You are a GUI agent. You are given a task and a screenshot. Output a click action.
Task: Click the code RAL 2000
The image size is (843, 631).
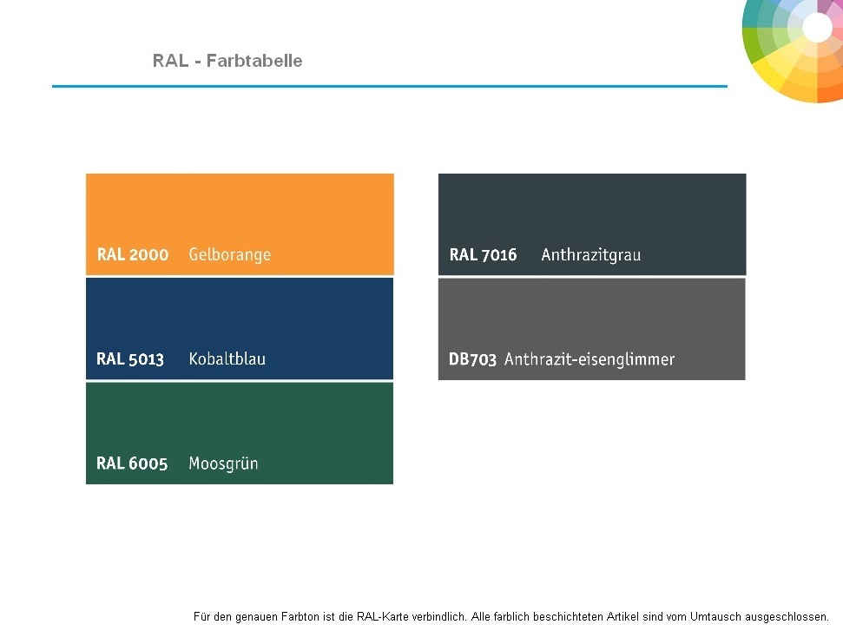[x=133, y=254]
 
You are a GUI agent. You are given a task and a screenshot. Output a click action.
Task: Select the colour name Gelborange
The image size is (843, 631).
[x=229, y=255]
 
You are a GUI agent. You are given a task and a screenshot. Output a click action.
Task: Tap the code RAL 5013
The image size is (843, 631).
[x=130, y=358]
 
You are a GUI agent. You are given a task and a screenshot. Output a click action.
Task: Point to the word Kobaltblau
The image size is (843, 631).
[x=227, y=358]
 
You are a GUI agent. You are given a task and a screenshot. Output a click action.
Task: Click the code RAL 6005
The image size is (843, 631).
[x=132, y=463]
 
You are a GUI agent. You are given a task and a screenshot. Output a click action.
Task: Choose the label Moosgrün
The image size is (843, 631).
[x=223, y=463]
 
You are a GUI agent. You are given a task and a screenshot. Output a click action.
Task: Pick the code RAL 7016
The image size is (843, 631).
[x=483, y=254]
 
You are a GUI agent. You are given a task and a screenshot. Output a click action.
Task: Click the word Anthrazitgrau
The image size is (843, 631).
[x=591, y=255]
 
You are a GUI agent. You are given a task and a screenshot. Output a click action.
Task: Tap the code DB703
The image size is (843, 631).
[x=472, y=358]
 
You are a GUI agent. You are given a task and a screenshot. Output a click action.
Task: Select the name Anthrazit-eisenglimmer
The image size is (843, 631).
[x=589, y=359]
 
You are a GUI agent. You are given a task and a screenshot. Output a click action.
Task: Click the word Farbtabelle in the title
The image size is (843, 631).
[x=254, y=61]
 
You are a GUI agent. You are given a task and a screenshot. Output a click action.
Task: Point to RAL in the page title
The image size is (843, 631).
[x=170, y=61]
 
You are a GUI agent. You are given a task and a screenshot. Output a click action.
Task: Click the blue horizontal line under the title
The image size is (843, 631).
[x=390, y=86]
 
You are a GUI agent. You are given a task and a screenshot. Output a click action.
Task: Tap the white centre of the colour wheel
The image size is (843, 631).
[x=817, y=27]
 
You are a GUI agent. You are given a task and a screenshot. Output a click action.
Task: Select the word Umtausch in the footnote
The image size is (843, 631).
[x=715, y=616]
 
